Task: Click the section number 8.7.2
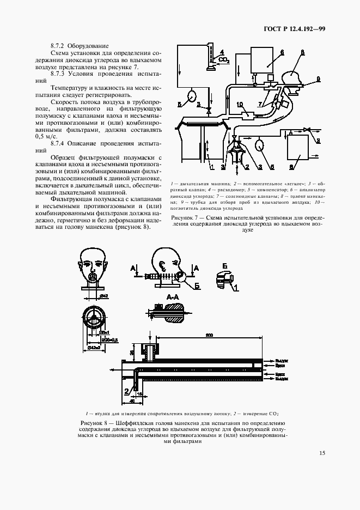click(58, 45)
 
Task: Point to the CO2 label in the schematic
click(224, 60)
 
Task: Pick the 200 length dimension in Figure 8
click(209, 335)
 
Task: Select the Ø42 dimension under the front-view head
click(102, 296)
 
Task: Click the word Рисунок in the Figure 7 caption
click(184, 218)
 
